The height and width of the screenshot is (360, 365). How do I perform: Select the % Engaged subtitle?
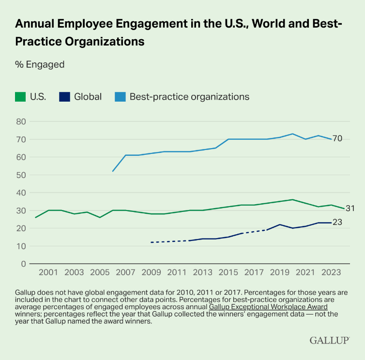(39, 64)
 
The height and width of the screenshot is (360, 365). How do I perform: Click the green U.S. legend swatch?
(20, 97)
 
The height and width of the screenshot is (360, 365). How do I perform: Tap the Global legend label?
(88, 97)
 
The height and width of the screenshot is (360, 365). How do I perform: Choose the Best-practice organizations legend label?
(189, 97)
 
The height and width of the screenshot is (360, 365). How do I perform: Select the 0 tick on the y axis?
(22, 264)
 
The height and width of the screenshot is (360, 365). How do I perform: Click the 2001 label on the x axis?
(48, 273)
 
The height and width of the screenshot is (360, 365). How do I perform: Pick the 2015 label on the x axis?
(228, 273)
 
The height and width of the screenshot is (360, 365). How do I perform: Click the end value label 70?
(337, 139)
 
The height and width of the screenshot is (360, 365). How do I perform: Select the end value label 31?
(350, 209)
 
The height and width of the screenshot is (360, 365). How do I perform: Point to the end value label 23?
(337, 223)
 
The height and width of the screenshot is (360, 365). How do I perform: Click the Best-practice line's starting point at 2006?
(113, 171)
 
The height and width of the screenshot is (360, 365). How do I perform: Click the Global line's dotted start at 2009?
(151, 242)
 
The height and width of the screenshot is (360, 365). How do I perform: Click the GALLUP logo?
(329, 341)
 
